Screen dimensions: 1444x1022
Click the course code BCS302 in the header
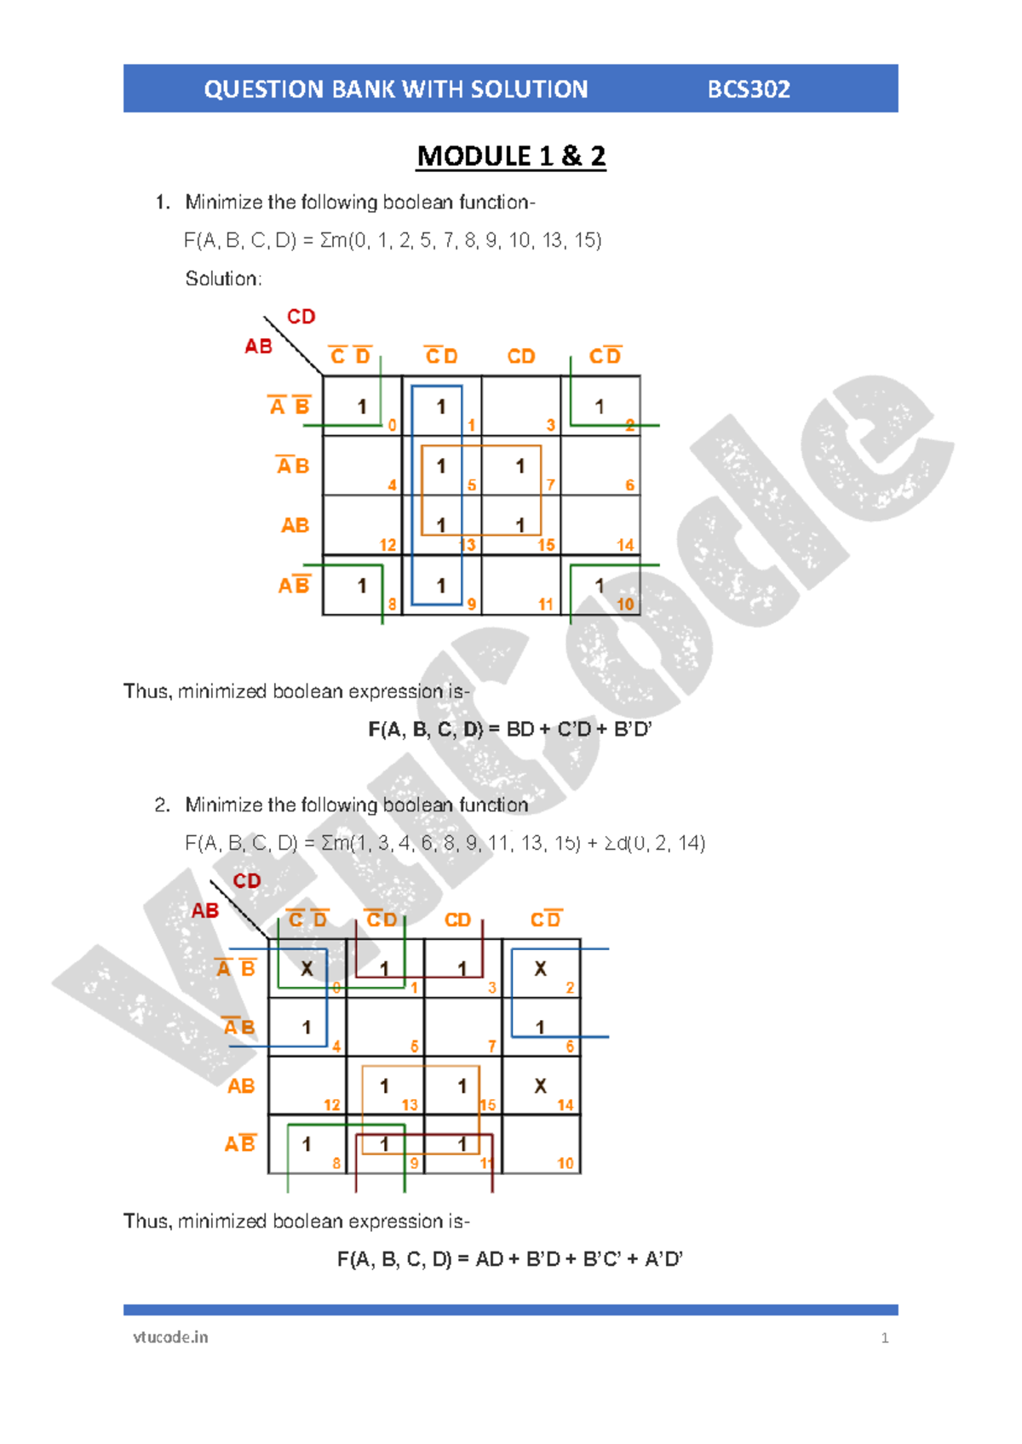[x=749, y=89]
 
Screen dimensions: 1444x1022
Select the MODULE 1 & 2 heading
[x=511, y=157]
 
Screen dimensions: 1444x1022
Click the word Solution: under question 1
[x=223, y=278]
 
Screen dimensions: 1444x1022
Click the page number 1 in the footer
[x=885, y=1338]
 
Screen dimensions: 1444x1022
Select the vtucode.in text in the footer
[x=170, y=1337]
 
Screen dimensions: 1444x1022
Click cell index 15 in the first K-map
[x=546, y=545]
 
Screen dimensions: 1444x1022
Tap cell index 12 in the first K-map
[x=388, y=545]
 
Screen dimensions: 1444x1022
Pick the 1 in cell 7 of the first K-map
[x=520, y=466]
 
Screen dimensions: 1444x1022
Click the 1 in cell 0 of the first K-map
[x=362, y=407]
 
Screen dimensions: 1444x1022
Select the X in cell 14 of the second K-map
[x=540, y=1086]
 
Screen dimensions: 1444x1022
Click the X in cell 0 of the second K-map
[x=307, y=969]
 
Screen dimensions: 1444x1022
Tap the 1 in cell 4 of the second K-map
[x=307, y=1028]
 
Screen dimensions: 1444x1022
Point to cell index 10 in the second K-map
[x=566, y=1163]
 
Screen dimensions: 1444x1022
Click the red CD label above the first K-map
[x=301, y=317]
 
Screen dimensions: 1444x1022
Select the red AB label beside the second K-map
[x=205, y=911]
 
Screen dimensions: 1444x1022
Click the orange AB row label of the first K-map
[x=295, y=525]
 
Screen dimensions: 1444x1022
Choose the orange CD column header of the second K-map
[x=457, y=920]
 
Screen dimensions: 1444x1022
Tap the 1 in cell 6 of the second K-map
[x=540, y=1028]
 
